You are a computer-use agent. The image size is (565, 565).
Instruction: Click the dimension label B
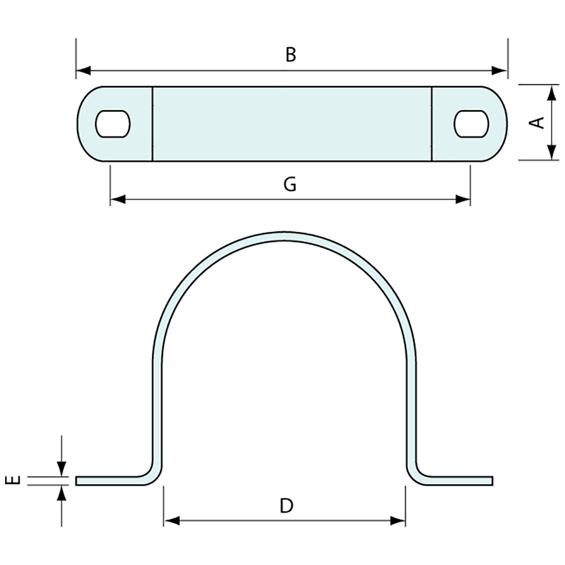[291, 54]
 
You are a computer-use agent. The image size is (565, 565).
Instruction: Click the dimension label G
[290, 184]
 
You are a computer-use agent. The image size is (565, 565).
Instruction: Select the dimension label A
[537, 123]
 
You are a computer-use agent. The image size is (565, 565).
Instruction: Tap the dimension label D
[286, 506]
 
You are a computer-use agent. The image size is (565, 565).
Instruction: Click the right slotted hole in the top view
[471, 124]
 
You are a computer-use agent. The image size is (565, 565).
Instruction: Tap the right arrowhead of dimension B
[500, 70]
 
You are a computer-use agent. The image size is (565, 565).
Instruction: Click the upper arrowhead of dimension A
[551, 93]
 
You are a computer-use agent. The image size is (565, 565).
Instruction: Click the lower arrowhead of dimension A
[551, 152]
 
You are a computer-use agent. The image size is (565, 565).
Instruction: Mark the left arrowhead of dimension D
[172, 521]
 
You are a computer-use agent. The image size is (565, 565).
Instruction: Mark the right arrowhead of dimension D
[398, 521]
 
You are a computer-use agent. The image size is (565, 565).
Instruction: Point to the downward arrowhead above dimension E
[62, 468]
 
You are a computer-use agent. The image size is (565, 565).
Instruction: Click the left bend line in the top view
[153, 124]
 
